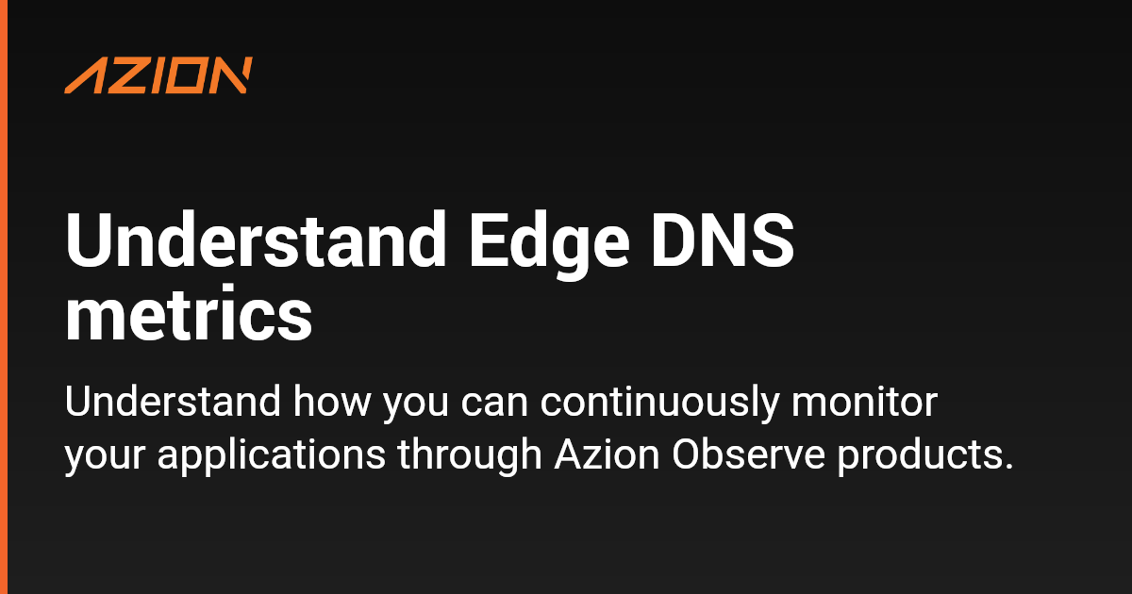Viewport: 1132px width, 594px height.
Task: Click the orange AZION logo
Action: click(158, 75)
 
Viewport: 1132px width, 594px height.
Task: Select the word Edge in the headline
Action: click(549, 245)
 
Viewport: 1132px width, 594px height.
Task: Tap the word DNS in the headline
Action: click(723, 240)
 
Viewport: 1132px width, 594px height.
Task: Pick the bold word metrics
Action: click(189, 313)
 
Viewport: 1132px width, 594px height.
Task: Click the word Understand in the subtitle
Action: click(173, 402)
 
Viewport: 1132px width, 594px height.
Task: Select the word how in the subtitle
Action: click(332, 402)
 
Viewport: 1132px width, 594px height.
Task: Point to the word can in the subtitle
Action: click(494, 405)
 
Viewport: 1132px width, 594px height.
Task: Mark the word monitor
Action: click(864, 403)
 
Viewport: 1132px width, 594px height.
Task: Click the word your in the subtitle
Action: click(105, 458)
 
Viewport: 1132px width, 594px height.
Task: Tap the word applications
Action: click(272, 454)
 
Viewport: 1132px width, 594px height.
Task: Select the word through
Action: click(470, 454)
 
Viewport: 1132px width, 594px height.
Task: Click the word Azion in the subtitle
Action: click(607, 454)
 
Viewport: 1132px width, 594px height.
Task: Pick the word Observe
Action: click(748, 454)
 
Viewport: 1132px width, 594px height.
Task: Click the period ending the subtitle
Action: click(1008, 466)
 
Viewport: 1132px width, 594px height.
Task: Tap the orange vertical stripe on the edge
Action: click(4, 297)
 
